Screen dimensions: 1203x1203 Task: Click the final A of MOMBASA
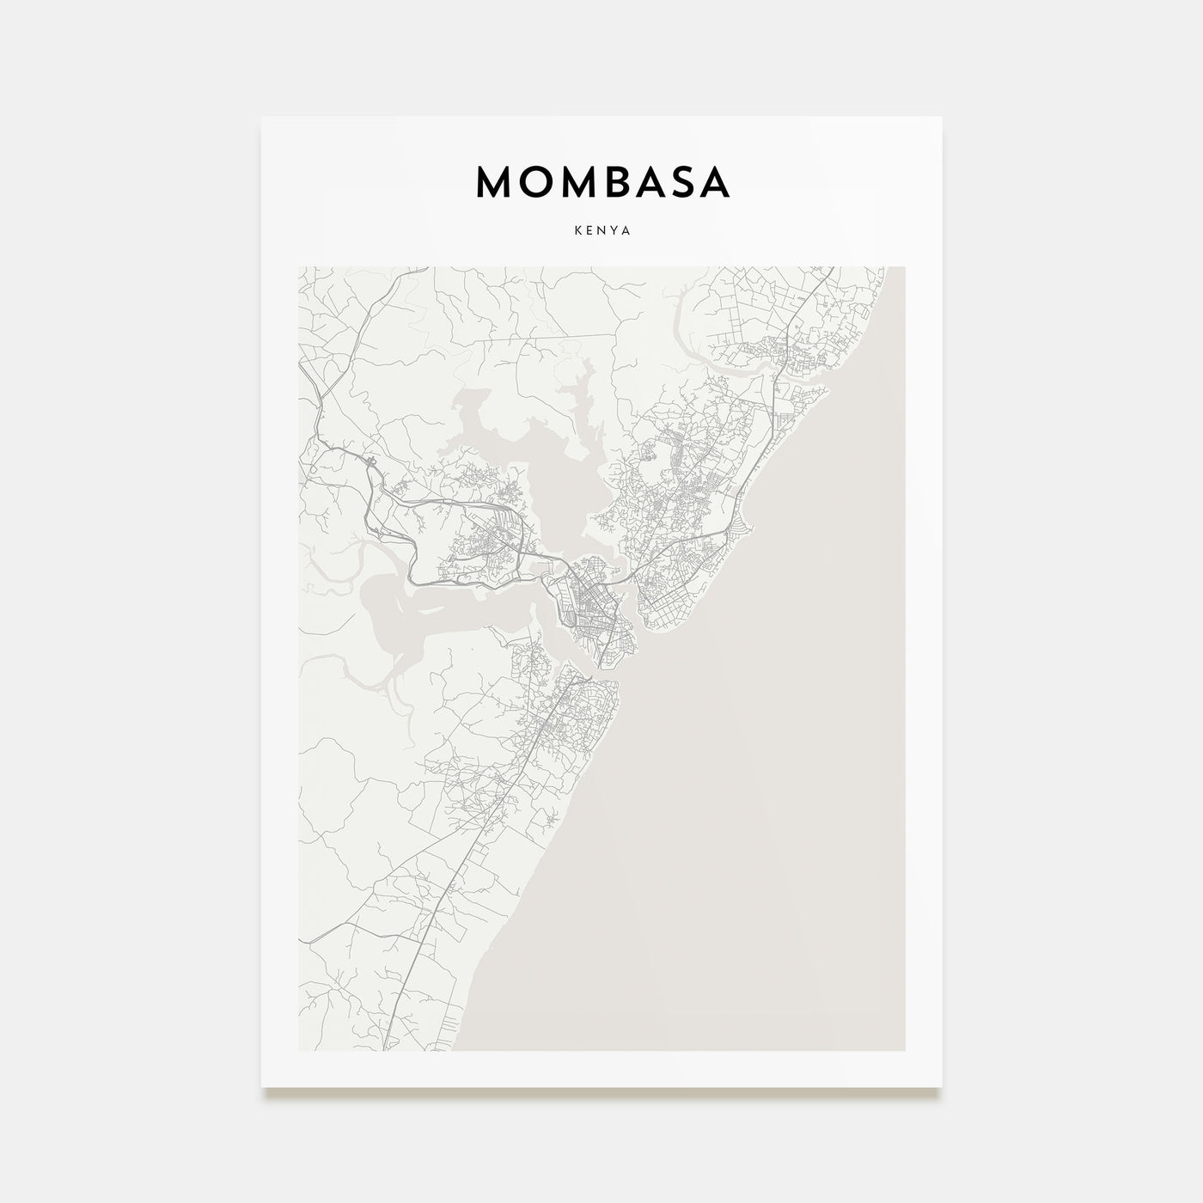(716, 182)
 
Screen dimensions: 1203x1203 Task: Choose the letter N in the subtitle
(601, 231)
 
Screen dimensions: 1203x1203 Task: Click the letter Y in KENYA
(614, 231)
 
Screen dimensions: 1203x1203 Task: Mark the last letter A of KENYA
(627, 231)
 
